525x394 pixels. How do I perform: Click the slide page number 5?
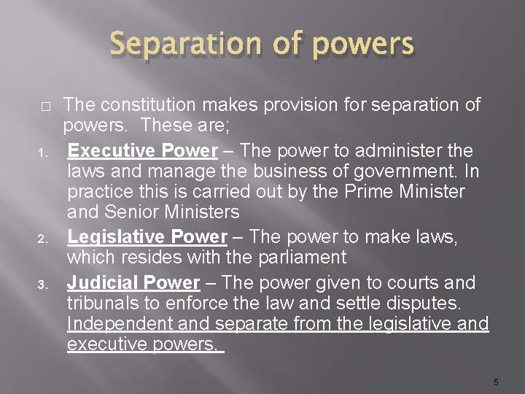(x=495, y=382)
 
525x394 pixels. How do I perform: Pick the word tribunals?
(x=103, y=304)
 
